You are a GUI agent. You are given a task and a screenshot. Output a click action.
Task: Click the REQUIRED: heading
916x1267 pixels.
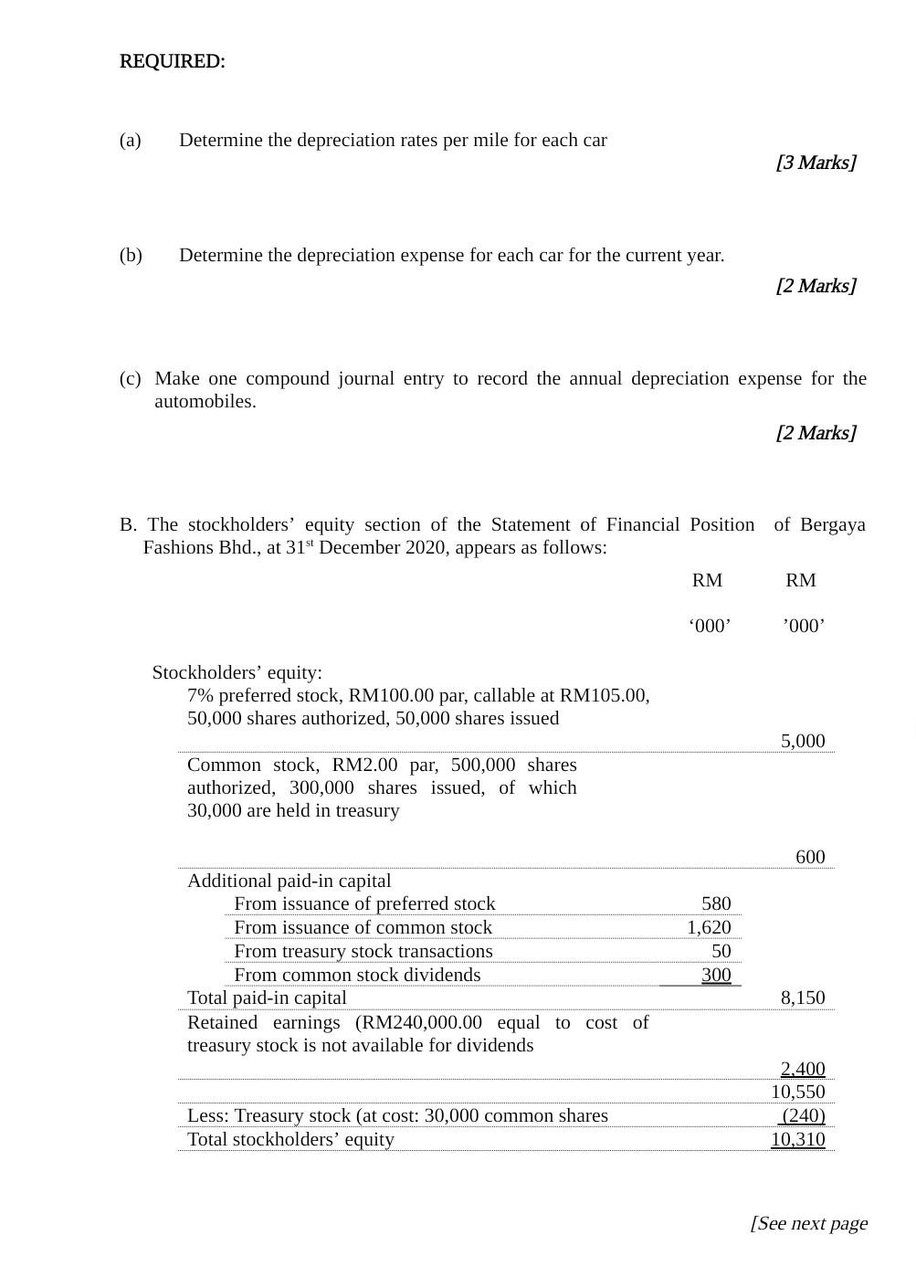click(x=172, y=61)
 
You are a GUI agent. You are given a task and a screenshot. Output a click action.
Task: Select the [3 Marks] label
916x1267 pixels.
click(x=816, y=163)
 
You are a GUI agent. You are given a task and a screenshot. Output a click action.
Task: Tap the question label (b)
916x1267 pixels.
click(x=131, y=255)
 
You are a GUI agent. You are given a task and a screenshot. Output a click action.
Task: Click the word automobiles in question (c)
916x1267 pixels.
click(x=205, y=401)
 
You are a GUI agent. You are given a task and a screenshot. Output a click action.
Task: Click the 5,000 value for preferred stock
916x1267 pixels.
click(x=802, y=741)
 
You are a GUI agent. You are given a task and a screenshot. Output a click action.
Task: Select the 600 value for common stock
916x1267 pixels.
click(x=809, y=857)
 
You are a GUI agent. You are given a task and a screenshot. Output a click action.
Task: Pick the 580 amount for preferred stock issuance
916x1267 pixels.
click(x=716, y=903)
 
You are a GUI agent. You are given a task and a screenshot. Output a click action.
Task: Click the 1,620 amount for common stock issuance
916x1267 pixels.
click(x=709, y=927)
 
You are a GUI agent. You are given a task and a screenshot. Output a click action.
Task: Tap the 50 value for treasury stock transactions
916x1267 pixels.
click(x=721, y=951)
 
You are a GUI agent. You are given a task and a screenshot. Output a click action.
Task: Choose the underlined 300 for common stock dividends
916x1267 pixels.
click(x=716, y=975)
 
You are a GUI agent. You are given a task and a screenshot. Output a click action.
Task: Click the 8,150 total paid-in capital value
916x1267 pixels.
click(x=802, y=998)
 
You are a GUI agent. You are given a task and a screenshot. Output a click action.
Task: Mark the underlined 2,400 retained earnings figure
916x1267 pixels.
click(x=802, y=1069)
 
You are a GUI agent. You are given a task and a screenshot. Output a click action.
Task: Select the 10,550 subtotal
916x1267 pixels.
click(x=797, y=1092)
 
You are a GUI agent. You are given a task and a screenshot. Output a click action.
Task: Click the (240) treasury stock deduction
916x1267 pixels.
click(x=803, y=1115)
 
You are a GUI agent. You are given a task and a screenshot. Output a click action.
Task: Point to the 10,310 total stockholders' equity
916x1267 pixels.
click(x=797, y=1139)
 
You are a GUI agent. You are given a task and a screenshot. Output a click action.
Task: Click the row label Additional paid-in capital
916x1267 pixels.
click(x=289, y=881)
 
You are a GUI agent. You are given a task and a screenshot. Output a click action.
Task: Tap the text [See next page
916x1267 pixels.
click(x=808, y=1223)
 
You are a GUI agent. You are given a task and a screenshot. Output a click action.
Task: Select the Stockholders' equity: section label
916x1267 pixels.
click(x=237, y=672)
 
